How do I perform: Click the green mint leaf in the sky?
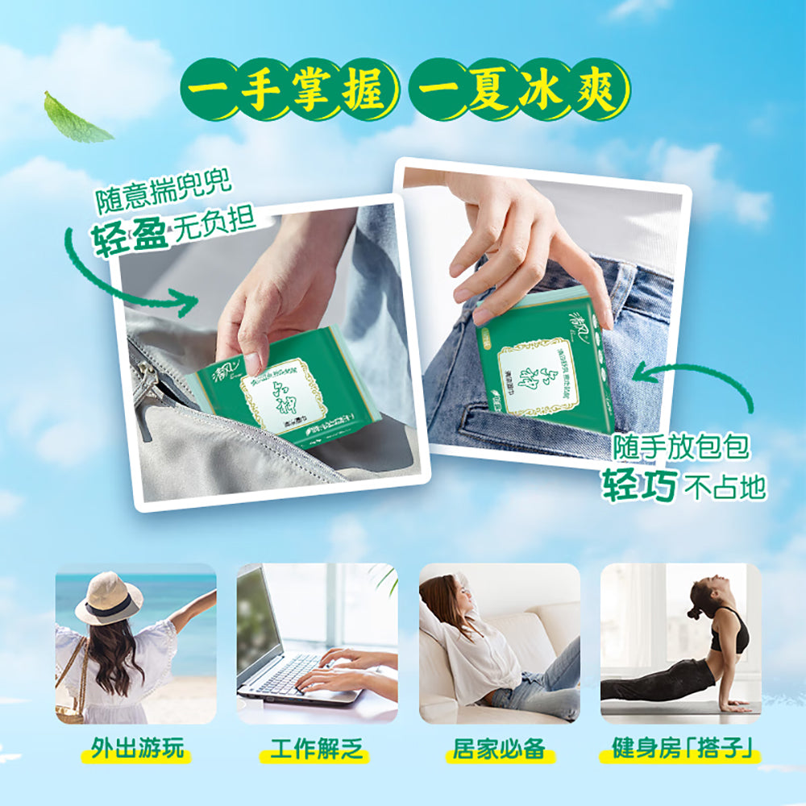coord(76,119)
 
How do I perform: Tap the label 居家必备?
coord(499,749)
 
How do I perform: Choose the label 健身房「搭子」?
coord(681,749)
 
